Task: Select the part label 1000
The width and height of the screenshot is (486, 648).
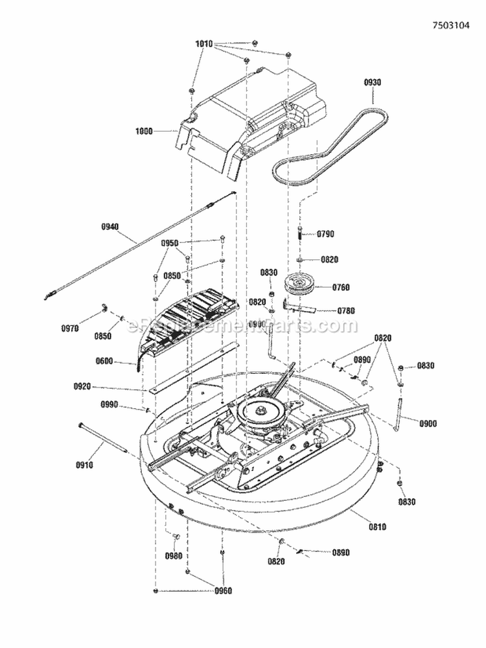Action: coord(144,131)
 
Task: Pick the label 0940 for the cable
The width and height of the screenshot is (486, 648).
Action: coord(111,226)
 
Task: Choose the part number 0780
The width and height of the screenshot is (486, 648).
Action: coord(347,311)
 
